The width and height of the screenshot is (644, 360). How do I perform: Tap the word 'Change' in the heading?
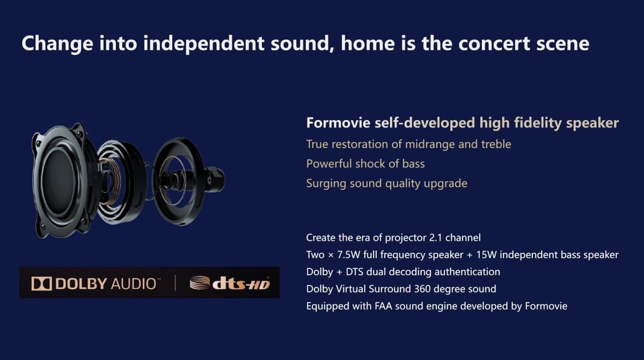[57, 44]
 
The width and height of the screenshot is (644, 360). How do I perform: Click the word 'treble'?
[496, 144]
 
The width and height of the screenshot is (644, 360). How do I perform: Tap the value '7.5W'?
[348, 255]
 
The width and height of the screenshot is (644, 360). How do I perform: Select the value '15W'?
[486, 255]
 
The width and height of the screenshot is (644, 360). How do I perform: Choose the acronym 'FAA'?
[384, 306]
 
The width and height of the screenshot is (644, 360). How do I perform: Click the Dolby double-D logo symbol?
[42, 284]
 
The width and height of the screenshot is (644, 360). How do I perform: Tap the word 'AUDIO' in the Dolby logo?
[134, 284]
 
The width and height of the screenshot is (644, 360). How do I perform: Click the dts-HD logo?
[230, 283]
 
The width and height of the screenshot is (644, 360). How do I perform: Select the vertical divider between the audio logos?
[175, 283]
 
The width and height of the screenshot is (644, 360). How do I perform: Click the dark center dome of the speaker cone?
[59, 181]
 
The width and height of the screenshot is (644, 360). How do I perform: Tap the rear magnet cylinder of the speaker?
[215, 180]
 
